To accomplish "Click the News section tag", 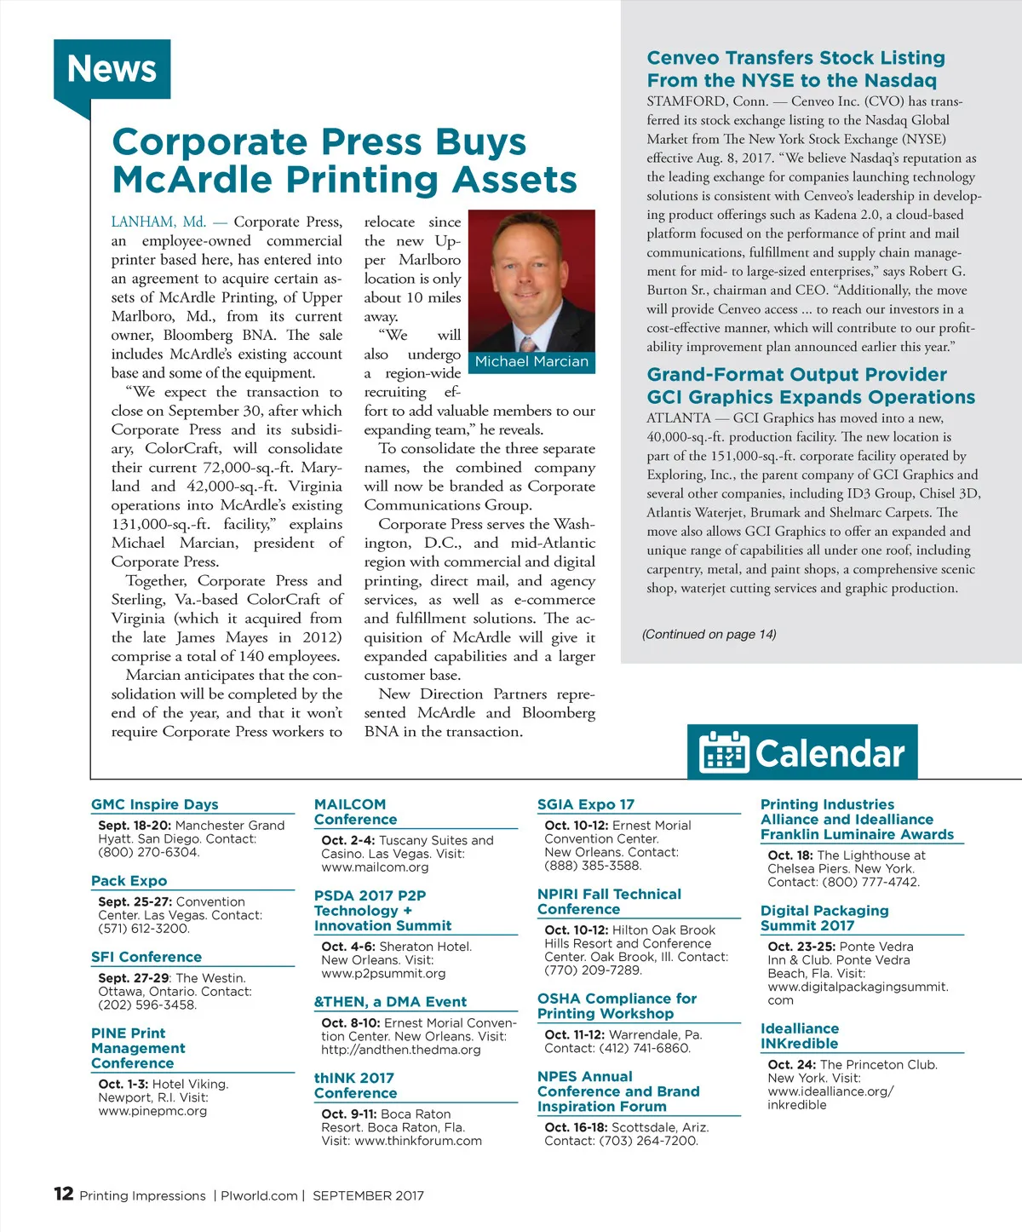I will coord(112,69).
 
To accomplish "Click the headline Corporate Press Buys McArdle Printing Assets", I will coord(344,161).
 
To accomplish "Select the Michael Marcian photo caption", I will coord(531,362).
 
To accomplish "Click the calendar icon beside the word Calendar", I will coord(723,752).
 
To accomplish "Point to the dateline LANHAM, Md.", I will coord(158,222).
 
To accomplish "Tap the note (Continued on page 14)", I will coord(709,634).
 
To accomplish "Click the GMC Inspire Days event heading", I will coord(155,804).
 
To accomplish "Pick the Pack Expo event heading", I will coord(129,881).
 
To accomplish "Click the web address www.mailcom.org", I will coord(375,867).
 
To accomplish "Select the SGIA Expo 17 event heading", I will coord(586,804).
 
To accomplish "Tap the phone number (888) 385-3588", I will coord(593,866).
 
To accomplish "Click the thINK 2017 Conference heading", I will coord(355,1085).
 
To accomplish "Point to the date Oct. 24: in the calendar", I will coord(792,1065).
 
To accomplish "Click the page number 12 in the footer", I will coord(64,1194).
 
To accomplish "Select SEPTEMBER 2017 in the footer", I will coord(368,1195).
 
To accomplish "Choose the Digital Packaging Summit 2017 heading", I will coord(824,918).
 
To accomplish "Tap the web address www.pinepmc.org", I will coord(152,1111).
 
